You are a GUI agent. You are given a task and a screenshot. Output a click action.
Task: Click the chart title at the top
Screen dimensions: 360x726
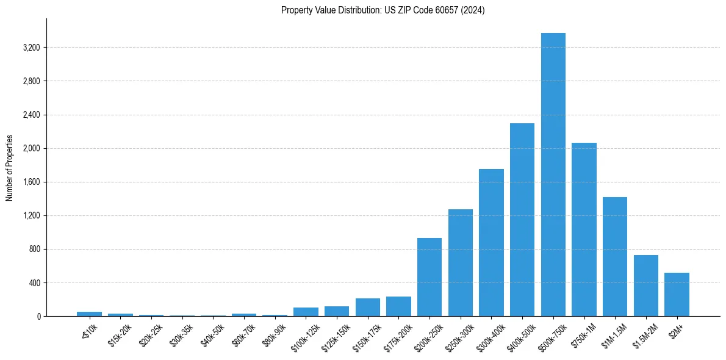pos(383,10)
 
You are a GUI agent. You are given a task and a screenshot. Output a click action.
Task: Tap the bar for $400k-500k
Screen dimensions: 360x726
pos(522,220)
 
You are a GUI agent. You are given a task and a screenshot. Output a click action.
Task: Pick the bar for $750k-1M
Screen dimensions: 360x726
pos(584,229)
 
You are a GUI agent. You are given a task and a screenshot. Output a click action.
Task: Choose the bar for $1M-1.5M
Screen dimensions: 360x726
pos(615,256)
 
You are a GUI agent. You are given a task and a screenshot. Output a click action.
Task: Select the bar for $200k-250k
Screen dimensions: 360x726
pos(429,277)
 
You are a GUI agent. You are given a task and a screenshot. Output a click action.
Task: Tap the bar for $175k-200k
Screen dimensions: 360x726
pos(398,306)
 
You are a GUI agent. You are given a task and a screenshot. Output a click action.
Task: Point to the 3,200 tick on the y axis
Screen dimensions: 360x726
pos(32,48)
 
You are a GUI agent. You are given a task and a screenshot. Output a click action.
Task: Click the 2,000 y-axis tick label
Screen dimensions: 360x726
pos(32,148)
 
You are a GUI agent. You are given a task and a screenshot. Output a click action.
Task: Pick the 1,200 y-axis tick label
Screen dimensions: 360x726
pos(32,215)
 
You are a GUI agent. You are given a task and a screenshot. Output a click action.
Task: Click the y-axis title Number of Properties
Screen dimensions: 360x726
pos(10,167)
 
